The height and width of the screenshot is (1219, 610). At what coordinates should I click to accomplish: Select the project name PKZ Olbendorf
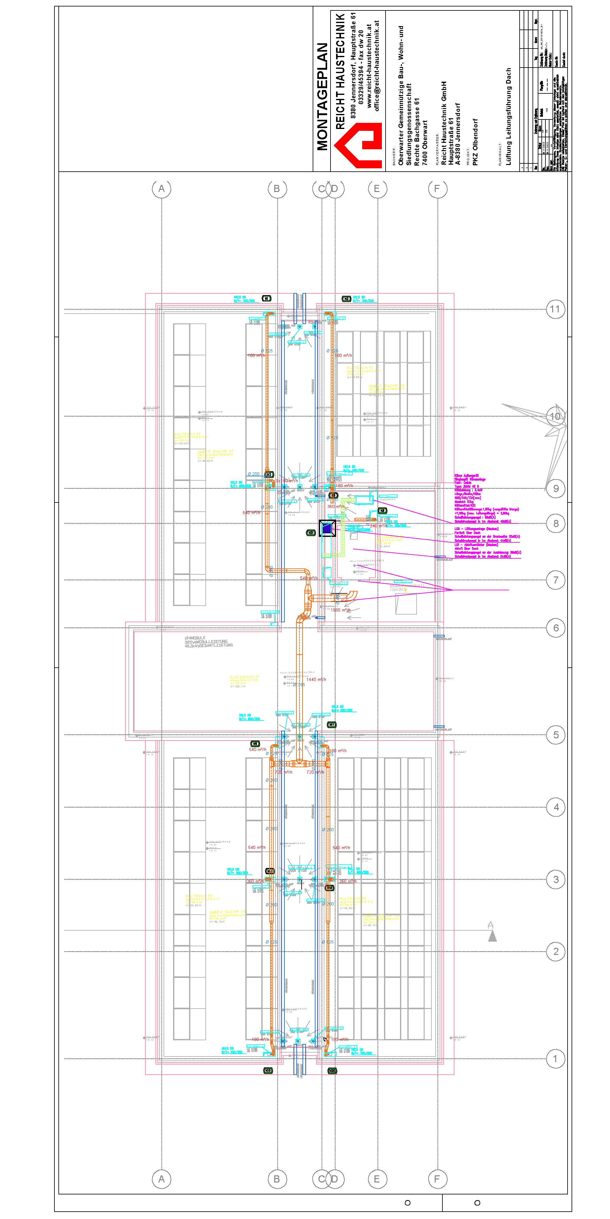click(x=475, y=142)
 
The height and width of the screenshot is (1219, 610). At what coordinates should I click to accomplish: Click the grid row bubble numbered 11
click(x=555, y=310)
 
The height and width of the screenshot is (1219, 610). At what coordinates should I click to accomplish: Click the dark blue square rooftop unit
click(x=327, y=528)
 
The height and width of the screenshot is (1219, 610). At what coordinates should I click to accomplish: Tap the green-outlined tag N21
click(x=311, y=533)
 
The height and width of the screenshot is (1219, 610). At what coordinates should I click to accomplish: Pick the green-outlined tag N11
click(x=332, y=725)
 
